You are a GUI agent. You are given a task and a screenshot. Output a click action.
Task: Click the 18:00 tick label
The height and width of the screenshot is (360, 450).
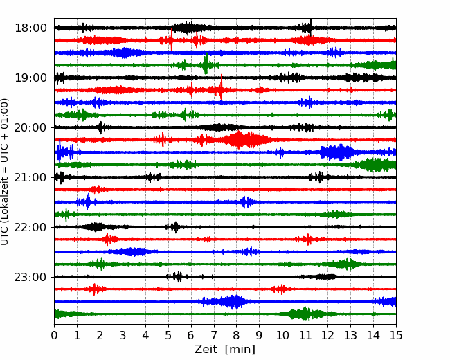[30, 28]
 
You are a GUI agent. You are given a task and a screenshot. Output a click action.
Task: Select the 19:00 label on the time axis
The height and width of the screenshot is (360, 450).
[30, 78]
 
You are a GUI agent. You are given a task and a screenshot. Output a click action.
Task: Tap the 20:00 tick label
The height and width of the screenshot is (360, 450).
[30, 127]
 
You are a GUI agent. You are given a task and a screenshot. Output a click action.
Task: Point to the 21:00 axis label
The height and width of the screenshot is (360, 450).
[30, 177]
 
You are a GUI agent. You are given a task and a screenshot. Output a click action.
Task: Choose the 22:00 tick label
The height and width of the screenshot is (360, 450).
[30, 227]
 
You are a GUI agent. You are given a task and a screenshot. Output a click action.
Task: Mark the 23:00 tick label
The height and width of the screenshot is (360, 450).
[30, 277]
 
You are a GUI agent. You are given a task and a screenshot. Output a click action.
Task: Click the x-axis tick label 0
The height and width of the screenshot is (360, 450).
[54, 335]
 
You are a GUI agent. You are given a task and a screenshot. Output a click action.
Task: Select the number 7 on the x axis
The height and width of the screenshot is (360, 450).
[214, 335]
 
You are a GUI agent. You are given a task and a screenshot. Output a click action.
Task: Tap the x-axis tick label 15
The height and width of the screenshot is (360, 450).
[396, 335]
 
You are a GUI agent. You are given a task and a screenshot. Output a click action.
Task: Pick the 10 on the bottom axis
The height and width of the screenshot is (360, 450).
[282, 335]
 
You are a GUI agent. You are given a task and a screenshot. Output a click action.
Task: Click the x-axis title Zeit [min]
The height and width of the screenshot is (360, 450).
[225, 349]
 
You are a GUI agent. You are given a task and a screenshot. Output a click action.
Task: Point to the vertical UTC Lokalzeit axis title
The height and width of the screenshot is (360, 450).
[5, 172]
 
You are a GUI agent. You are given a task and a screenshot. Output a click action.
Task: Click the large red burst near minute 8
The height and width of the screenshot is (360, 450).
[245, 140]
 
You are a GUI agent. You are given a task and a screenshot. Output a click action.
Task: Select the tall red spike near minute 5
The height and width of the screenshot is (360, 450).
[171, 39]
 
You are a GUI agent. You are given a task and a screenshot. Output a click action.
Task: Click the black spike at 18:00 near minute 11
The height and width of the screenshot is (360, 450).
[311, 27]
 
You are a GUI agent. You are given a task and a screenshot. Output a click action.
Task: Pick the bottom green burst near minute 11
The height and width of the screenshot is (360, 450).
[305, 314]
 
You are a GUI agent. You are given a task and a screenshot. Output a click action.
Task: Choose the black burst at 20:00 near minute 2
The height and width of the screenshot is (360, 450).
[100, 127]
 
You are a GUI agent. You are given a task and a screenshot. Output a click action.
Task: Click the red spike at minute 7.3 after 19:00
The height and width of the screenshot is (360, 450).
[222, 87]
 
